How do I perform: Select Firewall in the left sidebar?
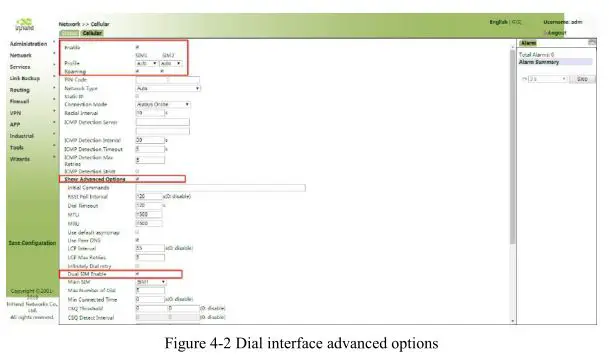(x=20, y=101)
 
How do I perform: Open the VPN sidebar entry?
(x=15, y=113)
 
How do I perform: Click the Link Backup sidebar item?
(x=26, y=77)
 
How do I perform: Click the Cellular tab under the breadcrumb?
(x=92, y=32)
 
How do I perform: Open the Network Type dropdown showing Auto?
(x=167, y=88)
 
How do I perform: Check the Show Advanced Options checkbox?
(x=137, y=179)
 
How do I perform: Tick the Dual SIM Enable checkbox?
(x=137, y=273)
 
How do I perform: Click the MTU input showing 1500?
(x=146, y=213)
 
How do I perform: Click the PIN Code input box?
(x=167, y=80)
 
